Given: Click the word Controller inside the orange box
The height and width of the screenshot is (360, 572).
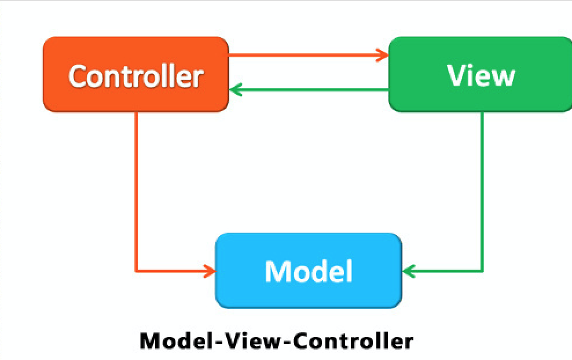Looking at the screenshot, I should pyautogui.click(x=135, y=76).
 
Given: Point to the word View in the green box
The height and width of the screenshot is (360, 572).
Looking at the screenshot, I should pyautogui.click(x=481, y=75).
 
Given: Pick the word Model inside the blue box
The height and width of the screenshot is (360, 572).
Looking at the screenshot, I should pyautogui.click(x=309, y=270).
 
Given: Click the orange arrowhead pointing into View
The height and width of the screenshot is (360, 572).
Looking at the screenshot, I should pyautogui.click(x=382, y=56).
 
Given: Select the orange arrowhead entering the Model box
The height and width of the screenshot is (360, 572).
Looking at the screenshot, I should pyautogui.click(x=210, y=270).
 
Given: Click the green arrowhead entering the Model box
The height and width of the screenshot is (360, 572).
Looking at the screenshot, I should pyautogui.click(x=408, y=270).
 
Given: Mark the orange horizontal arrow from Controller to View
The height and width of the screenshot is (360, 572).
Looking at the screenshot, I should pyautogui.click(x=307, y=56).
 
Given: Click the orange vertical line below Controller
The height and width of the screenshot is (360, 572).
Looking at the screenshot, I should pyautogui.click(x=136, y=191).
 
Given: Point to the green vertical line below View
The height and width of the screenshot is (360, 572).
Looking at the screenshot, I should pyautogui.click(x=482, y=191).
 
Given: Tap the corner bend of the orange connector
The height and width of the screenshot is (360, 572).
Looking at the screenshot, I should pyautogui.click(x=136, y=270).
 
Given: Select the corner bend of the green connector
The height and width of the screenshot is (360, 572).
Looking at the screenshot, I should pyautogui.click(x=482, y=270).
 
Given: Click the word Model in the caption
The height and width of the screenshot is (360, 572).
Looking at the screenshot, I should pyautogui.click(x=176, y=340).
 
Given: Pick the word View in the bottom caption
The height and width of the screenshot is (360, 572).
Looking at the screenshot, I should pyautogui.click(x=253, y=340).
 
